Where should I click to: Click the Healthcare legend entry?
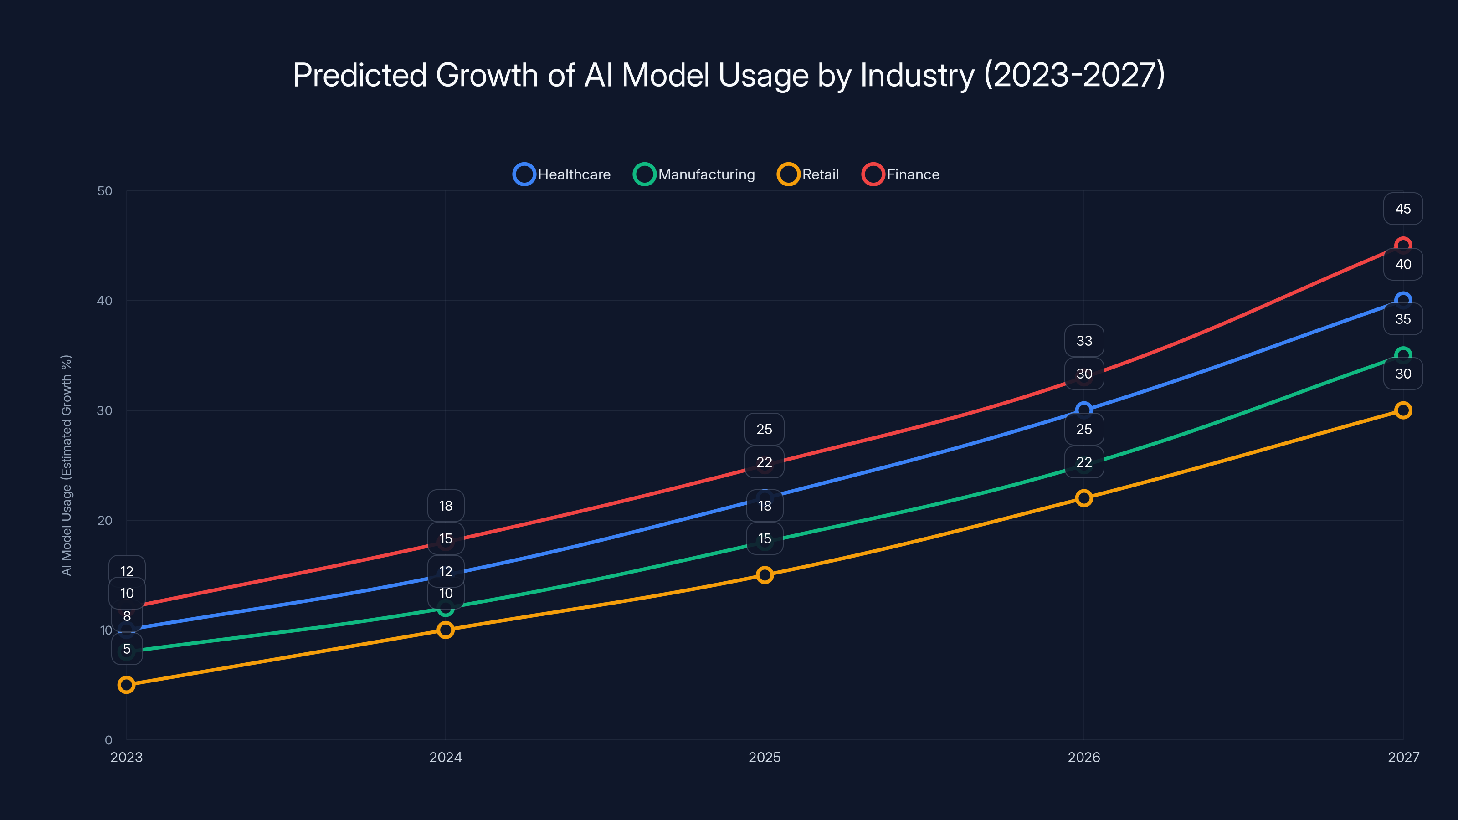[562, 174]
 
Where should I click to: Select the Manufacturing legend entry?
[694, 174]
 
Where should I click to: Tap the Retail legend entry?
[808, 174]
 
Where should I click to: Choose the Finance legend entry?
[900, 174]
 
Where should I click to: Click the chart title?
[729, 75]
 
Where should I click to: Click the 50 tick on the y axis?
[105, 191]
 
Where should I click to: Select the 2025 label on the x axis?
[764, 757]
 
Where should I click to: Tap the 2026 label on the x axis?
[1083, 757]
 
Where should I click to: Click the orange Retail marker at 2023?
[126, 685]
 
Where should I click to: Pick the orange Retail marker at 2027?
[1402, 410]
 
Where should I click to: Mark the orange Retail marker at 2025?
[765, 575]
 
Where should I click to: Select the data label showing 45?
[1402, 209]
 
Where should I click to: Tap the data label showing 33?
[1084, 341]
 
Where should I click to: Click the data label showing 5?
[127, 649]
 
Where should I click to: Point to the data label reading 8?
[127, 616]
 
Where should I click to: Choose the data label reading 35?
[1402, 319]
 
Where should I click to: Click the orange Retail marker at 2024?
[446, 630]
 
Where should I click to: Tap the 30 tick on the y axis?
[105, 410]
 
